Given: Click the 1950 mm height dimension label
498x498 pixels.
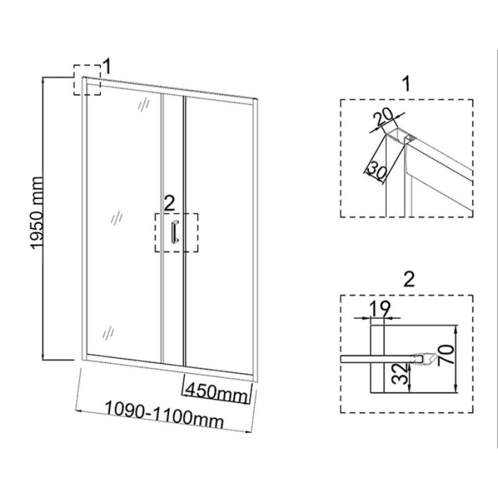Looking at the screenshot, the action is [x=37, y=213].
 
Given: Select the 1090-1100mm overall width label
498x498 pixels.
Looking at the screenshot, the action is [x=164, y=414].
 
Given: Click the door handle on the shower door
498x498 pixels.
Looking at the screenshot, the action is [x=175, y=231].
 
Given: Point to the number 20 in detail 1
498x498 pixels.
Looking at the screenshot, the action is [x=383, y=118].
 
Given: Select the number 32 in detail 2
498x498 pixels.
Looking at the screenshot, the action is [x=401, y=374].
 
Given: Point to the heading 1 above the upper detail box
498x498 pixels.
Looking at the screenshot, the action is [x=406, y=84].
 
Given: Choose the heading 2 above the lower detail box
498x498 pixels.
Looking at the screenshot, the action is [x=409, y=279].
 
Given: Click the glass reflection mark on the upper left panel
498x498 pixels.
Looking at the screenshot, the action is [x=143, y=103].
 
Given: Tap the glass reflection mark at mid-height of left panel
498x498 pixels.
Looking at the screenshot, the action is [x=117, y=218].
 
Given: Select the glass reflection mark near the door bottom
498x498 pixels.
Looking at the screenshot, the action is [x=108, y=333].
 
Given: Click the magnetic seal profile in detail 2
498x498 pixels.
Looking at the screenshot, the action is [x=422, y=359].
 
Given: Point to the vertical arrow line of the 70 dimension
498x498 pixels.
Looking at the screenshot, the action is [x=456, y=359].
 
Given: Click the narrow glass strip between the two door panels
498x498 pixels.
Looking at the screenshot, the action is [x=173, y=229].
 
